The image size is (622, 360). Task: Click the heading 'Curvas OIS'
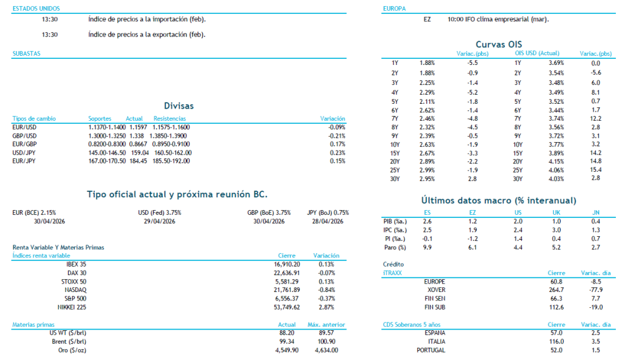click(497, 44)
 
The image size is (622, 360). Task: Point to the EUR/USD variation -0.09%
click(336, 127)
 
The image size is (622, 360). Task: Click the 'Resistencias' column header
click(169, 118)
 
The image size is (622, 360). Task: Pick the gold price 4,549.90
click(287, 350)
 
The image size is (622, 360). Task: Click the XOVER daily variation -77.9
click(595, 290)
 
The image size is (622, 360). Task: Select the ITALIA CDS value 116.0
click(556, 342)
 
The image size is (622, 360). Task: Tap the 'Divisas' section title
click(179, 106)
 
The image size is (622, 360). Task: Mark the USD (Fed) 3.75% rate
click(160, 212)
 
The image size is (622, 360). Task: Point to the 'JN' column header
click(595, 212)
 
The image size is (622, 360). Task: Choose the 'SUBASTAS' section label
click(26, 53)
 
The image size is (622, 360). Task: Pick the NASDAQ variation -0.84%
click(327, 290)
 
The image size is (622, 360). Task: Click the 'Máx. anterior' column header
click(323, 325)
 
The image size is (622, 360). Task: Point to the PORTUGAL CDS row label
click(431, 350)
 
